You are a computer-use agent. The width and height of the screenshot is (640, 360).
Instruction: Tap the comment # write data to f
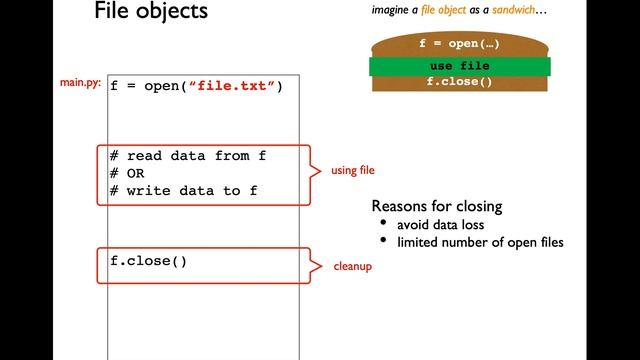(183, 191)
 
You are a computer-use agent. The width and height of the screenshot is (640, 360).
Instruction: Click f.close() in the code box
(148, 262)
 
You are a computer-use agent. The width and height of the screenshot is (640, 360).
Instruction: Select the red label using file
(353, 171)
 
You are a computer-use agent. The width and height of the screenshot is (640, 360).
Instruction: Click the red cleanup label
(352, 267)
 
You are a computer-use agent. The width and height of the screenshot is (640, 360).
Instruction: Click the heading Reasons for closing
(437, 206)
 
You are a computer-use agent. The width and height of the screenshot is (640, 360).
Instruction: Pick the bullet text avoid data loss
(439, 225)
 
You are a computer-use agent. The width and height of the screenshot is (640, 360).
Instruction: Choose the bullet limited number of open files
(480, 243)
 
